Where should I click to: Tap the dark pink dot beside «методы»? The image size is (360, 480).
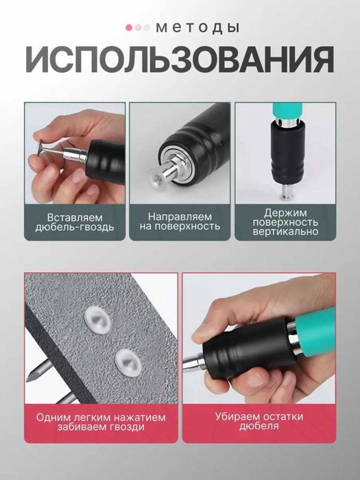tap(129, 27)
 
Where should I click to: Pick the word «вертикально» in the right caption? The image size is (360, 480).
tap(285, 232)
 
